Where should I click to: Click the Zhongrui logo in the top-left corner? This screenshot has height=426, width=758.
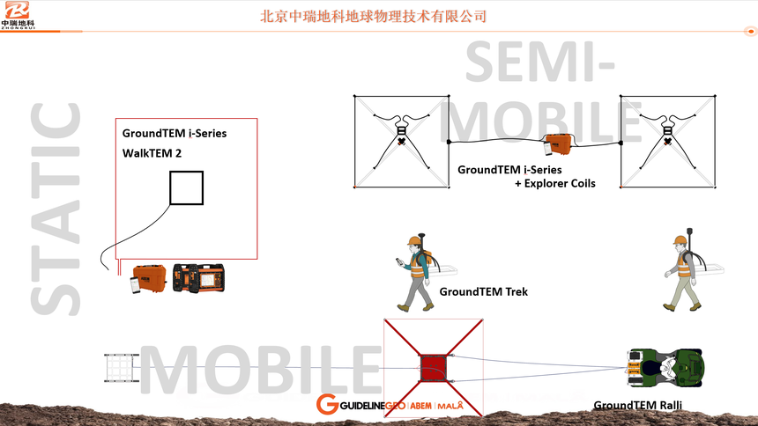coord(18,15)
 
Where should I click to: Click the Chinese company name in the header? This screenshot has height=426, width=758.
coord(373,17)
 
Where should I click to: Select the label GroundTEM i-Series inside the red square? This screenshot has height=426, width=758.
coord(175,133)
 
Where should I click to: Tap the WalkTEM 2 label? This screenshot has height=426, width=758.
coord(152,154)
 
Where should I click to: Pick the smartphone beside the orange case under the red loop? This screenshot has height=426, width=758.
coord(136,285)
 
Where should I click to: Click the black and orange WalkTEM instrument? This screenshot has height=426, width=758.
coord(198,278)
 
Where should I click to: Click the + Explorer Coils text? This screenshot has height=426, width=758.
coord(555,184)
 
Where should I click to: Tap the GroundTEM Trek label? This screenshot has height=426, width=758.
coord(483,291)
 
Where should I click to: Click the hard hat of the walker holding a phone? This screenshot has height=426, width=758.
coord(413,240)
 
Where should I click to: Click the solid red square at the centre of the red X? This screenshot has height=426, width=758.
coord(433,368)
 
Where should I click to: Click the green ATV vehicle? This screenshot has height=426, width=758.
coord(665,368)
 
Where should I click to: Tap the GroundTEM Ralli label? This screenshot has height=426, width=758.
coord(637,405)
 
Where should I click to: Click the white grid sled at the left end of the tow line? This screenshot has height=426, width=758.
coord(121,368)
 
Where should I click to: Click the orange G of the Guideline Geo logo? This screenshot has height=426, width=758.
coord(327,404)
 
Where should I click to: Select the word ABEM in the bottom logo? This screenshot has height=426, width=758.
coord(420,406)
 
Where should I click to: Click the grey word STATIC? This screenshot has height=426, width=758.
coord(56,209)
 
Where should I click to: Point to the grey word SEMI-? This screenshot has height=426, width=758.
coord(540,62)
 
